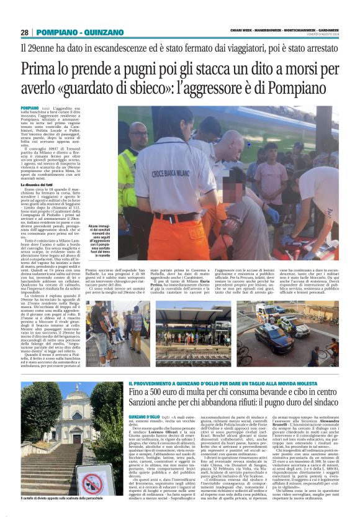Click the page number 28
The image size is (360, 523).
pos(24,32)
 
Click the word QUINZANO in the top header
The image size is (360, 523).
pos(98,32)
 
